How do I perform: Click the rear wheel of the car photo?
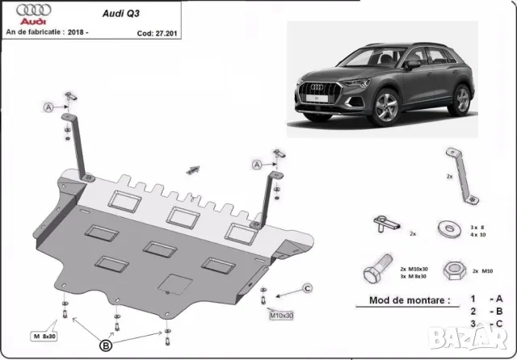click(x=462, y=100)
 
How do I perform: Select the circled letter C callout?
click(x=307, y=288)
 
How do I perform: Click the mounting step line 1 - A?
click(x=489, y=299)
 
